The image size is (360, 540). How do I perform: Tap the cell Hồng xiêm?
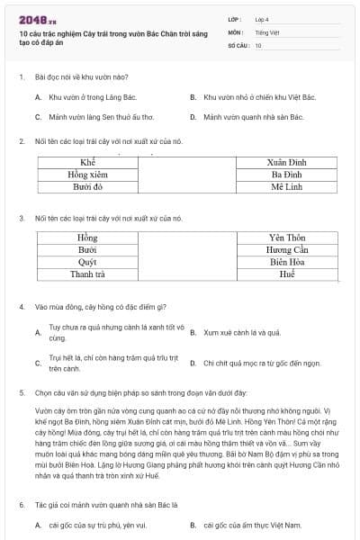pos(88,174)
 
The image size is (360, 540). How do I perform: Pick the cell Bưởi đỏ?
pos(88,187)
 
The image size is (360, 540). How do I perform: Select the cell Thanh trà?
pos(88,274)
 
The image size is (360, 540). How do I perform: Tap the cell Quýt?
pos(88,262)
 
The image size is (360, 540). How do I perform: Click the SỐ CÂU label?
pos(238,44)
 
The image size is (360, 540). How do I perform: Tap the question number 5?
pos(21,393)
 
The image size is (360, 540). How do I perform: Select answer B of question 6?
pos(243,523)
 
